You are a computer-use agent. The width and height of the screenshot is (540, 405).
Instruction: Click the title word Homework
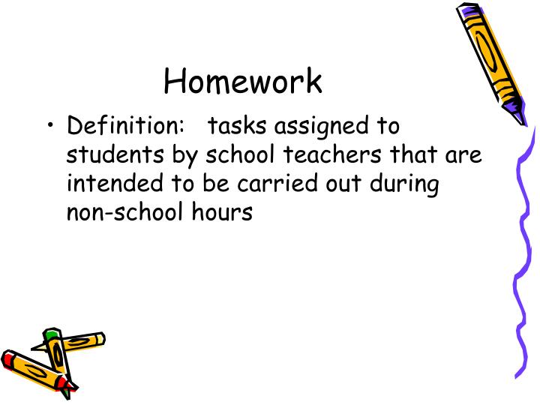click(243, 81)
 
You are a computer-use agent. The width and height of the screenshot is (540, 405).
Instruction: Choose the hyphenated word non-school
click(122, 211)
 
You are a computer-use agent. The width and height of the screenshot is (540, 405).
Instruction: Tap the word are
click(464, 155)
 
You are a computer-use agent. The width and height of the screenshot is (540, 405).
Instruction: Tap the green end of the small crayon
click(51, 334)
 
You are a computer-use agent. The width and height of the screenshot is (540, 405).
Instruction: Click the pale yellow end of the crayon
click(98, 339)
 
